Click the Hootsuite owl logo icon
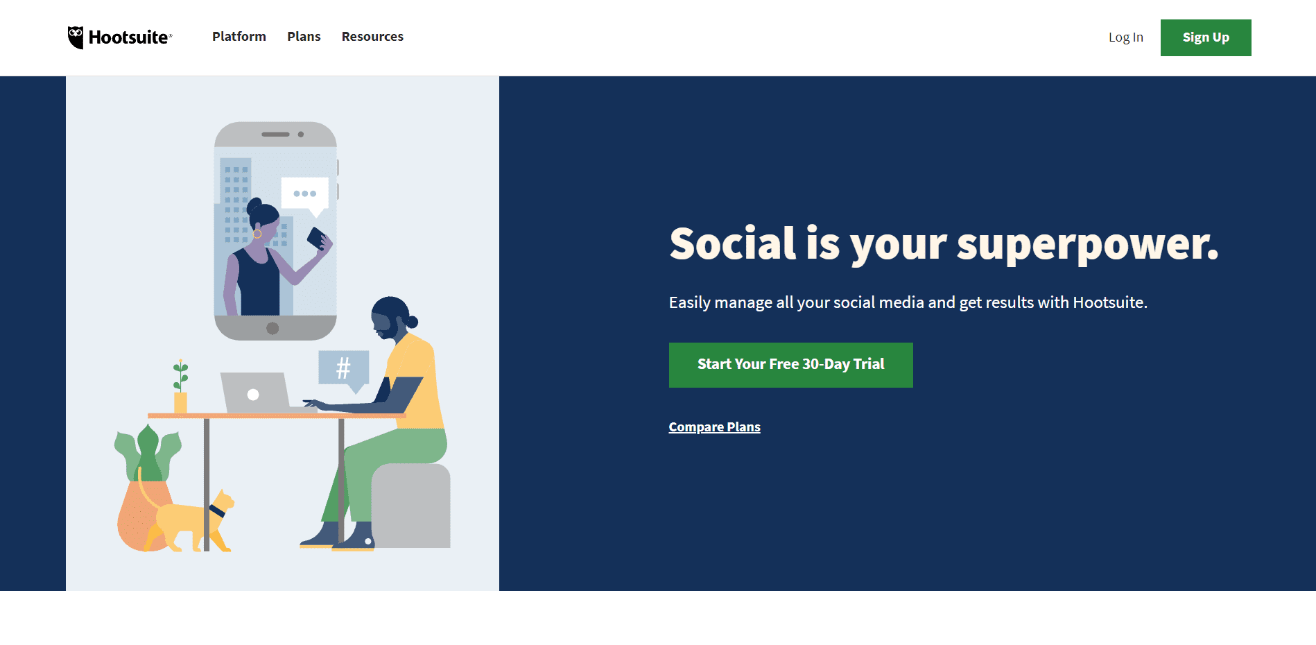pyautogui.click(x=76, y=37)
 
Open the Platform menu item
pyautogui.click(x=239, y=37)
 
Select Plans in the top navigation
pyautogui.click(x=304, y=37)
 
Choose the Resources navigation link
pyautogui.click(x=372, y=37)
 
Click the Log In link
pyautogui.click(x=1125, y=37)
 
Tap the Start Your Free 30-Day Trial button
pyautogui.click(x=790, y=365)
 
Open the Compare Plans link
pyautogui.click(x=714, y=427)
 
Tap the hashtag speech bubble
pyautogui.click(x=343, y=368)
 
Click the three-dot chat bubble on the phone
pyautogui.click(x=305, y=193)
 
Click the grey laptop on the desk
pyautogui.click(x=254, y=393)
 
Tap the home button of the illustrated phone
pyautogui.click(x=272, y=328)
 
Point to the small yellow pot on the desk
pyautogui.click(x=180, y=402)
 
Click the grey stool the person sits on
pyautogui.click(x=411, y=506)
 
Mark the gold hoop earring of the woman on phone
pyautogui.click(x=257, y=234)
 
